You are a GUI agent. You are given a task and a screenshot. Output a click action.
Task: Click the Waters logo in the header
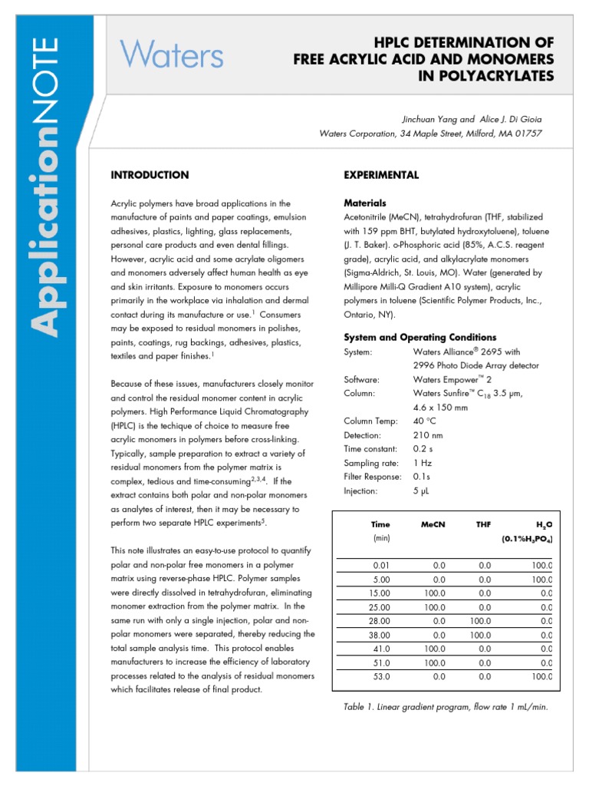(x=172, y=56)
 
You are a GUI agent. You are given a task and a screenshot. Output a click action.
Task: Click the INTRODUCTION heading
(x=150, y=175)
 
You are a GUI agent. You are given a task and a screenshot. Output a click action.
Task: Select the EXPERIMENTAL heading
(x=381, y=175)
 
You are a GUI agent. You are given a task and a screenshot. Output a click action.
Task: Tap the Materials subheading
(x=365, y=203)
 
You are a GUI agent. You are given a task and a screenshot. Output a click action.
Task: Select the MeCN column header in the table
(x=433, y=524)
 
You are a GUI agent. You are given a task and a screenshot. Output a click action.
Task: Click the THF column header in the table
(x=483, y=524)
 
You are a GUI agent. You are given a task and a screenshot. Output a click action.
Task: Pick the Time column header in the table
(x=380, y=524)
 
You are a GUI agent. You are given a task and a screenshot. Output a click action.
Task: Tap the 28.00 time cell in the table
(x=380, y=621)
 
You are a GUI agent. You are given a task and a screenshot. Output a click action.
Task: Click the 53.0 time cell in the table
(x=381, y=676)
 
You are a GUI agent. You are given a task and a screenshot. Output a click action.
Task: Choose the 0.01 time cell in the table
(x=381, y=566)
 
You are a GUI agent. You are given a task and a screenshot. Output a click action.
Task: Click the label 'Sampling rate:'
(x=372, y=463)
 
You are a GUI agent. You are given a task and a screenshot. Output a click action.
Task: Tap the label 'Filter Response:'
(x=373, y=477)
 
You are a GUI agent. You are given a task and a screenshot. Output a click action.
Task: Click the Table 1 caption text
(x=446, y=707)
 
